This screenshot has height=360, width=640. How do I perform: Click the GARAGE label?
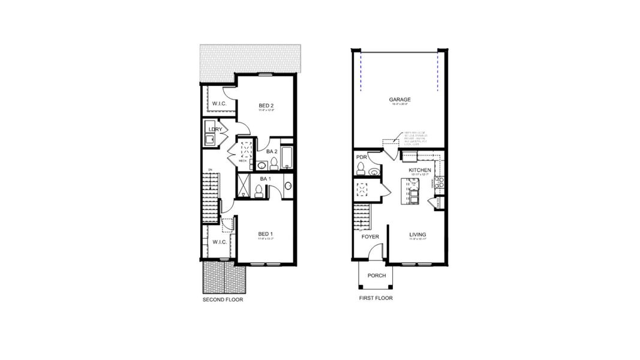399,100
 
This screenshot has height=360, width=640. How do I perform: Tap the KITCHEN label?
420,170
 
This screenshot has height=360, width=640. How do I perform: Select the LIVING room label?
417,235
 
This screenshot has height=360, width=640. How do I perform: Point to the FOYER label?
370,236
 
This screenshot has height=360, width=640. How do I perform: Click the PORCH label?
377,276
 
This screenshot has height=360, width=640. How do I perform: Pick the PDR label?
361,157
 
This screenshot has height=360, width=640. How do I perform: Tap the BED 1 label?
266,233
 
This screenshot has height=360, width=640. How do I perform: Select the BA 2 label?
271,151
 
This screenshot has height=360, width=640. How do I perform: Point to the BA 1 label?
266,179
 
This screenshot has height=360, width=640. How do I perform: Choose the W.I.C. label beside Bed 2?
219,104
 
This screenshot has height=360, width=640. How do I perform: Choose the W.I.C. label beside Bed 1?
219,242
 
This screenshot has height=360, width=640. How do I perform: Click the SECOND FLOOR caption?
223,299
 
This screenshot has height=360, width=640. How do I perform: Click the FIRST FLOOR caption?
375,298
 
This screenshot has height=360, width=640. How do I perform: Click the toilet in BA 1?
259,191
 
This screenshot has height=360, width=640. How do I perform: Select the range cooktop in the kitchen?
440,182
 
